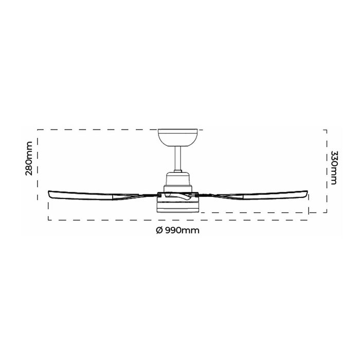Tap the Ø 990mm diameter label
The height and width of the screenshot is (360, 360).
[x=177, y=230]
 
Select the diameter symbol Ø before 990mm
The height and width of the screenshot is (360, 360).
[x=159, y=230]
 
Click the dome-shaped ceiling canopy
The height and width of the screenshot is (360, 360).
[x=177, y=137]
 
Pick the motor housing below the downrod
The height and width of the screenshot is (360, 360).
[x=178, y=181]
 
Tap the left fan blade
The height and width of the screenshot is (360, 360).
[x=98, y=195]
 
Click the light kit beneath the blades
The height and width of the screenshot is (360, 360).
[x=178, y=206]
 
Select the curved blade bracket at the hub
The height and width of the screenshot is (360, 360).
[x=178, y=196]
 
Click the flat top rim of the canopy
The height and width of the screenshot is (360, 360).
[x=177, y=130]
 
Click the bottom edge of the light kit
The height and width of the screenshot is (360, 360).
[x=178, y=211]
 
